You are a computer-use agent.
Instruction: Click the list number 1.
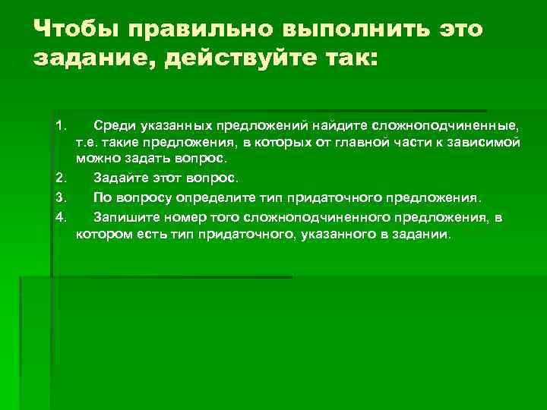pyautogui.click(x=61, y=124)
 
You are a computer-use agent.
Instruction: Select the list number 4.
pyautogui.click(x=61, y=217)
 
